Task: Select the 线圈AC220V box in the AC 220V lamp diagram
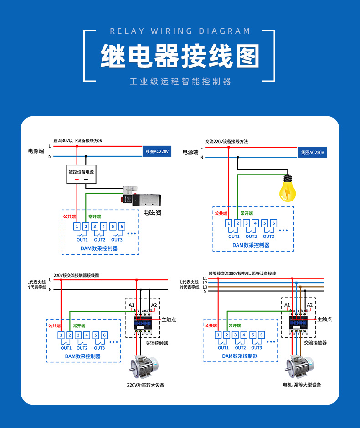pyautogui.click(x=313, y=152)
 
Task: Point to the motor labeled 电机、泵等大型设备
pyautogui.click(x=300, y=367)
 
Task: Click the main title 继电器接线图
pyautogui.click(x=180, y=57)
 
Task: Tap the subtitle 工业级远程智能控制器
pyautogui.click(x=180, y=82)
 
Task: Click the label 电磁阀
pyautogui.click(x=153, y=212)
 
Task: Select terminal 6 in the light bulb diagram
pyautogui.click(x=273, y=223)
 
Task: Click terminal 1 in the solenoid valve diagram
pyautogui.click(x=77, y=226)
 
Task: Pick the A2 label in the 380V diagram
pyautogui.click(x=309, y=305)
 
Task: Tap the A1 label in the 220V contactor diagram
pyautogui.click(x=131, y=305)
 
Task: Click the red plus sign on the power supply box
pyautogui.click(x=77, y=179)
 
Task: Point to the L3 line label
pyautogui.click(x=205, y=287)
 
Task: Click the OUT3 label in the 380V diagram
pyautogui.click(x=257, y=348)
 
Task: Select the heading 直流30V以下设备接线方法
pyautogui.click(x=77, y=140)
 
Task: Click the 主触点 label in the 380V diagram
pyautogui.click(x=324, y=320)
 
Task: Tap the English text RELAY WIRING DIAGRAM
pyautogui.click(x=180, y=31)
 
